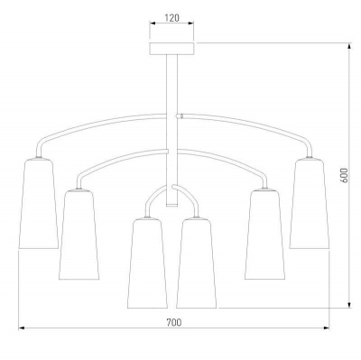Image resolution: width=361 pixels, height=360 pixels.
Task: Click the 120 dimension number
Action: [171, 18]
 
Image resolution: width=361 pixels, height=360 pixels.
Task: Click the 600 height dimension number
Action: [345, 175]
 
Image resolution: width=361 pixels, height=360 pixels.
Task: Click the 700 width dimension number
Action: [174, 323]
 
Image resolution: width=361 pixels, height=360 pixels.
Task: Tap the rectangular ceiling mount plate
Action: [171, 49]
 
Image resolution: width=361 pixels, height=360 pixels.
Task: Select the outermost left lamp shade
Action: [39, 203]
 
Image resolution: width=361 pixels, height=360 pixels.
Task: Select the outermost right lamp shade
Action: [310, 203]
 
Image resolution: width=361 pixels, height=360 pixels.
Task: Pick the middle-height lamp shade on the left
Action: [79, 235]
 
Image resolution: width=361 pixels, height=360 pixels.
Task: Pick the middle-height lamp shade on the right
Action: [264, 235]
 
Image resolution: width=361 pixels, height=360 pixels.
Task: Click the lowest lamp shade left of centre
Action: [147, 263]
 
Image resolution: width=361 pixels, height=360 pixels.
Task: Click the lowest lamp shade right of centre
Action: [196, 263]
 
